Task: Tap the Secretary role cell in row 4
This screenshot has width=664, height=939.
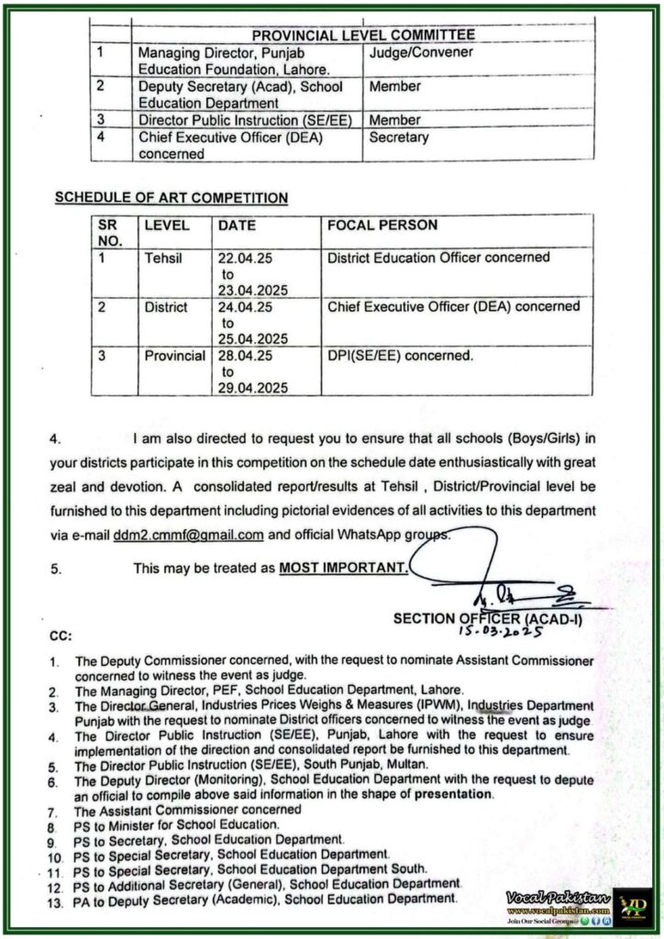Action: pos(399,138)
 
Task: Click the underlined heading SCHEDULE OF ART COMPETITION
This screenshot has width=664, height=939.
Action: pos(172,196)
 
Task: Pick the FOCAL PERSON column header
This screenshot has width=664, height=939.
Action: pos(382,224)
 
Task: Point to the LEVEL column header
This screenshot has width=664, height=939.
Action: pos(167,224)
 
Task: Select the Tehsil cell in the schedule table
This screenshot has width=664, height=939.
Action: pos(163,259)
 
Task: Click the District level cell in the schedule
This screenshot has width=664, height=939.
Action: pos(166,306)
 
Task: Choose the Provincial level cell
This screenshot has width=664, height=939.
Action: pos(174,354)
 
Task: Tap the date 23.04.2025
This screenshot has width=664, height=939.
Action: pos(253,290)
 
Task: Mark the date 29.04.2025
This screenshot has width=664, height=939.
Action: pos(253,387)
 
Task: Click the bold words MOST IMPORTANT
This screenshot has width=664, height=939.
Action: pos(343,569)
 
